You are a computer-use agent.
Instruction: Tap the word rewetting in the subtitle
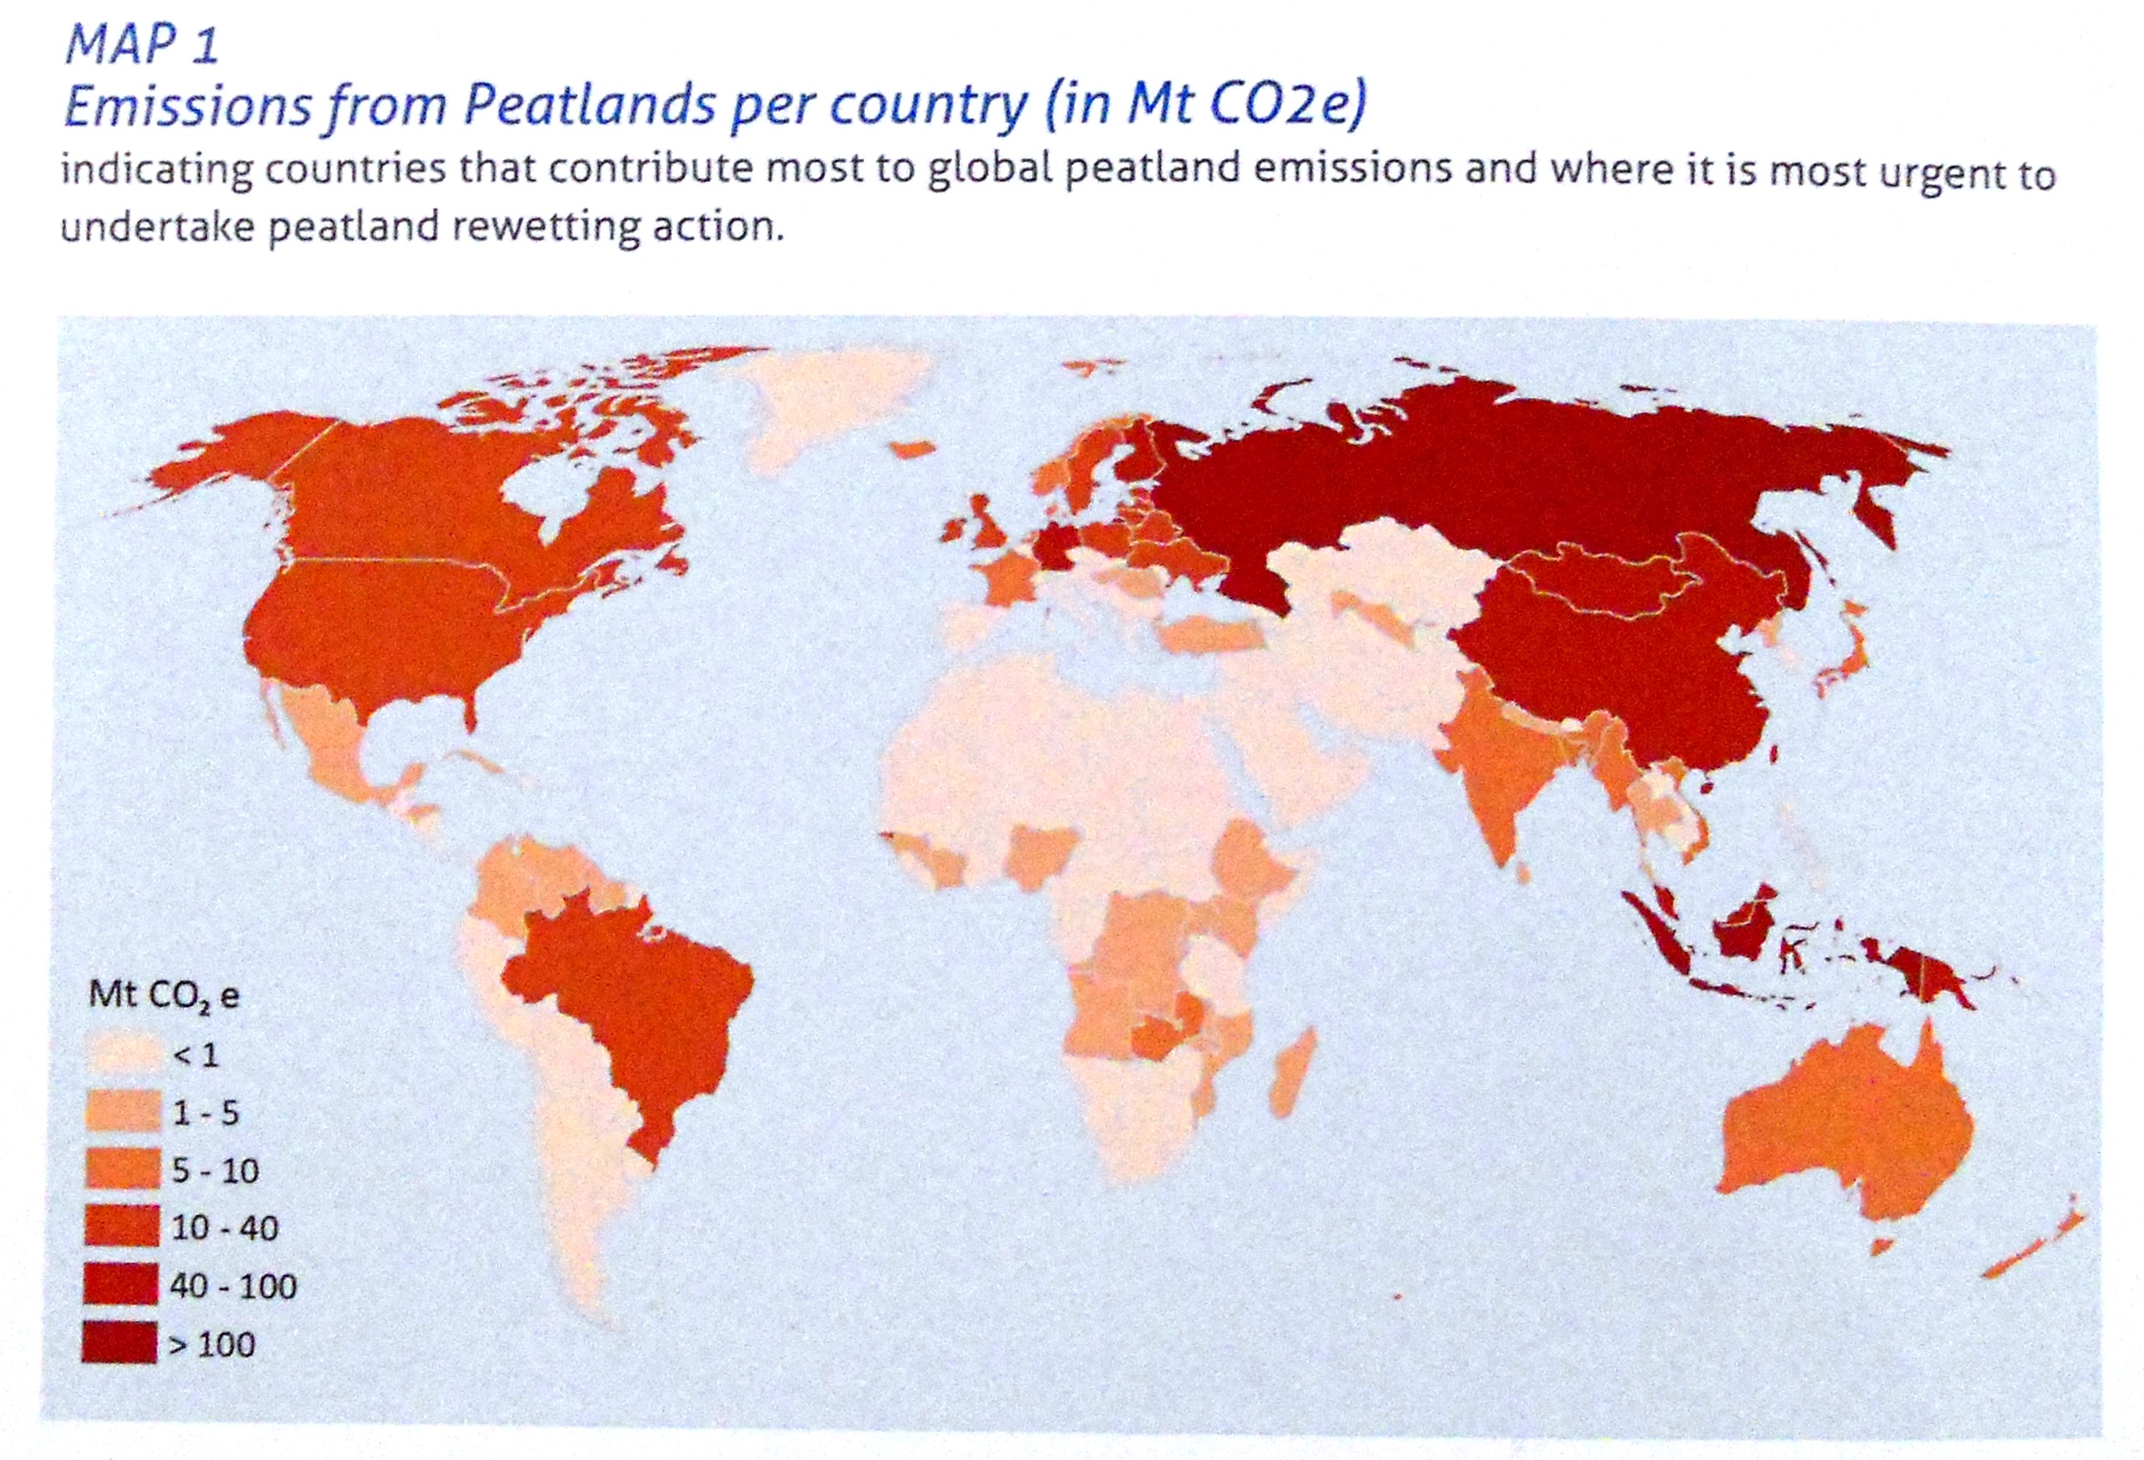tap(545, 225)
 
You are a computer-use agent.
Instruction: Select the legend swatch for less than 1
tap(123, 1054)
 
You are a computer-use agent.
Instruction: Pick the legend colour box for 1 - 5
tap(123, 1112)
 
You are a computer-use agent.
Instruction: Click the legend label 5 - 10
tap(216, 1170)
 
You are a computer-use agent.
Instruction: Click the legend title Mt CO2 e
tap(163, 995)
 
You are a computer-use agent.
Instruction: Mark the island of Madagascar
tap(1293, 1075)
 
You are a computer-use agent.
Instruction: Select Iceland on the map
tap(913, 448)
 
